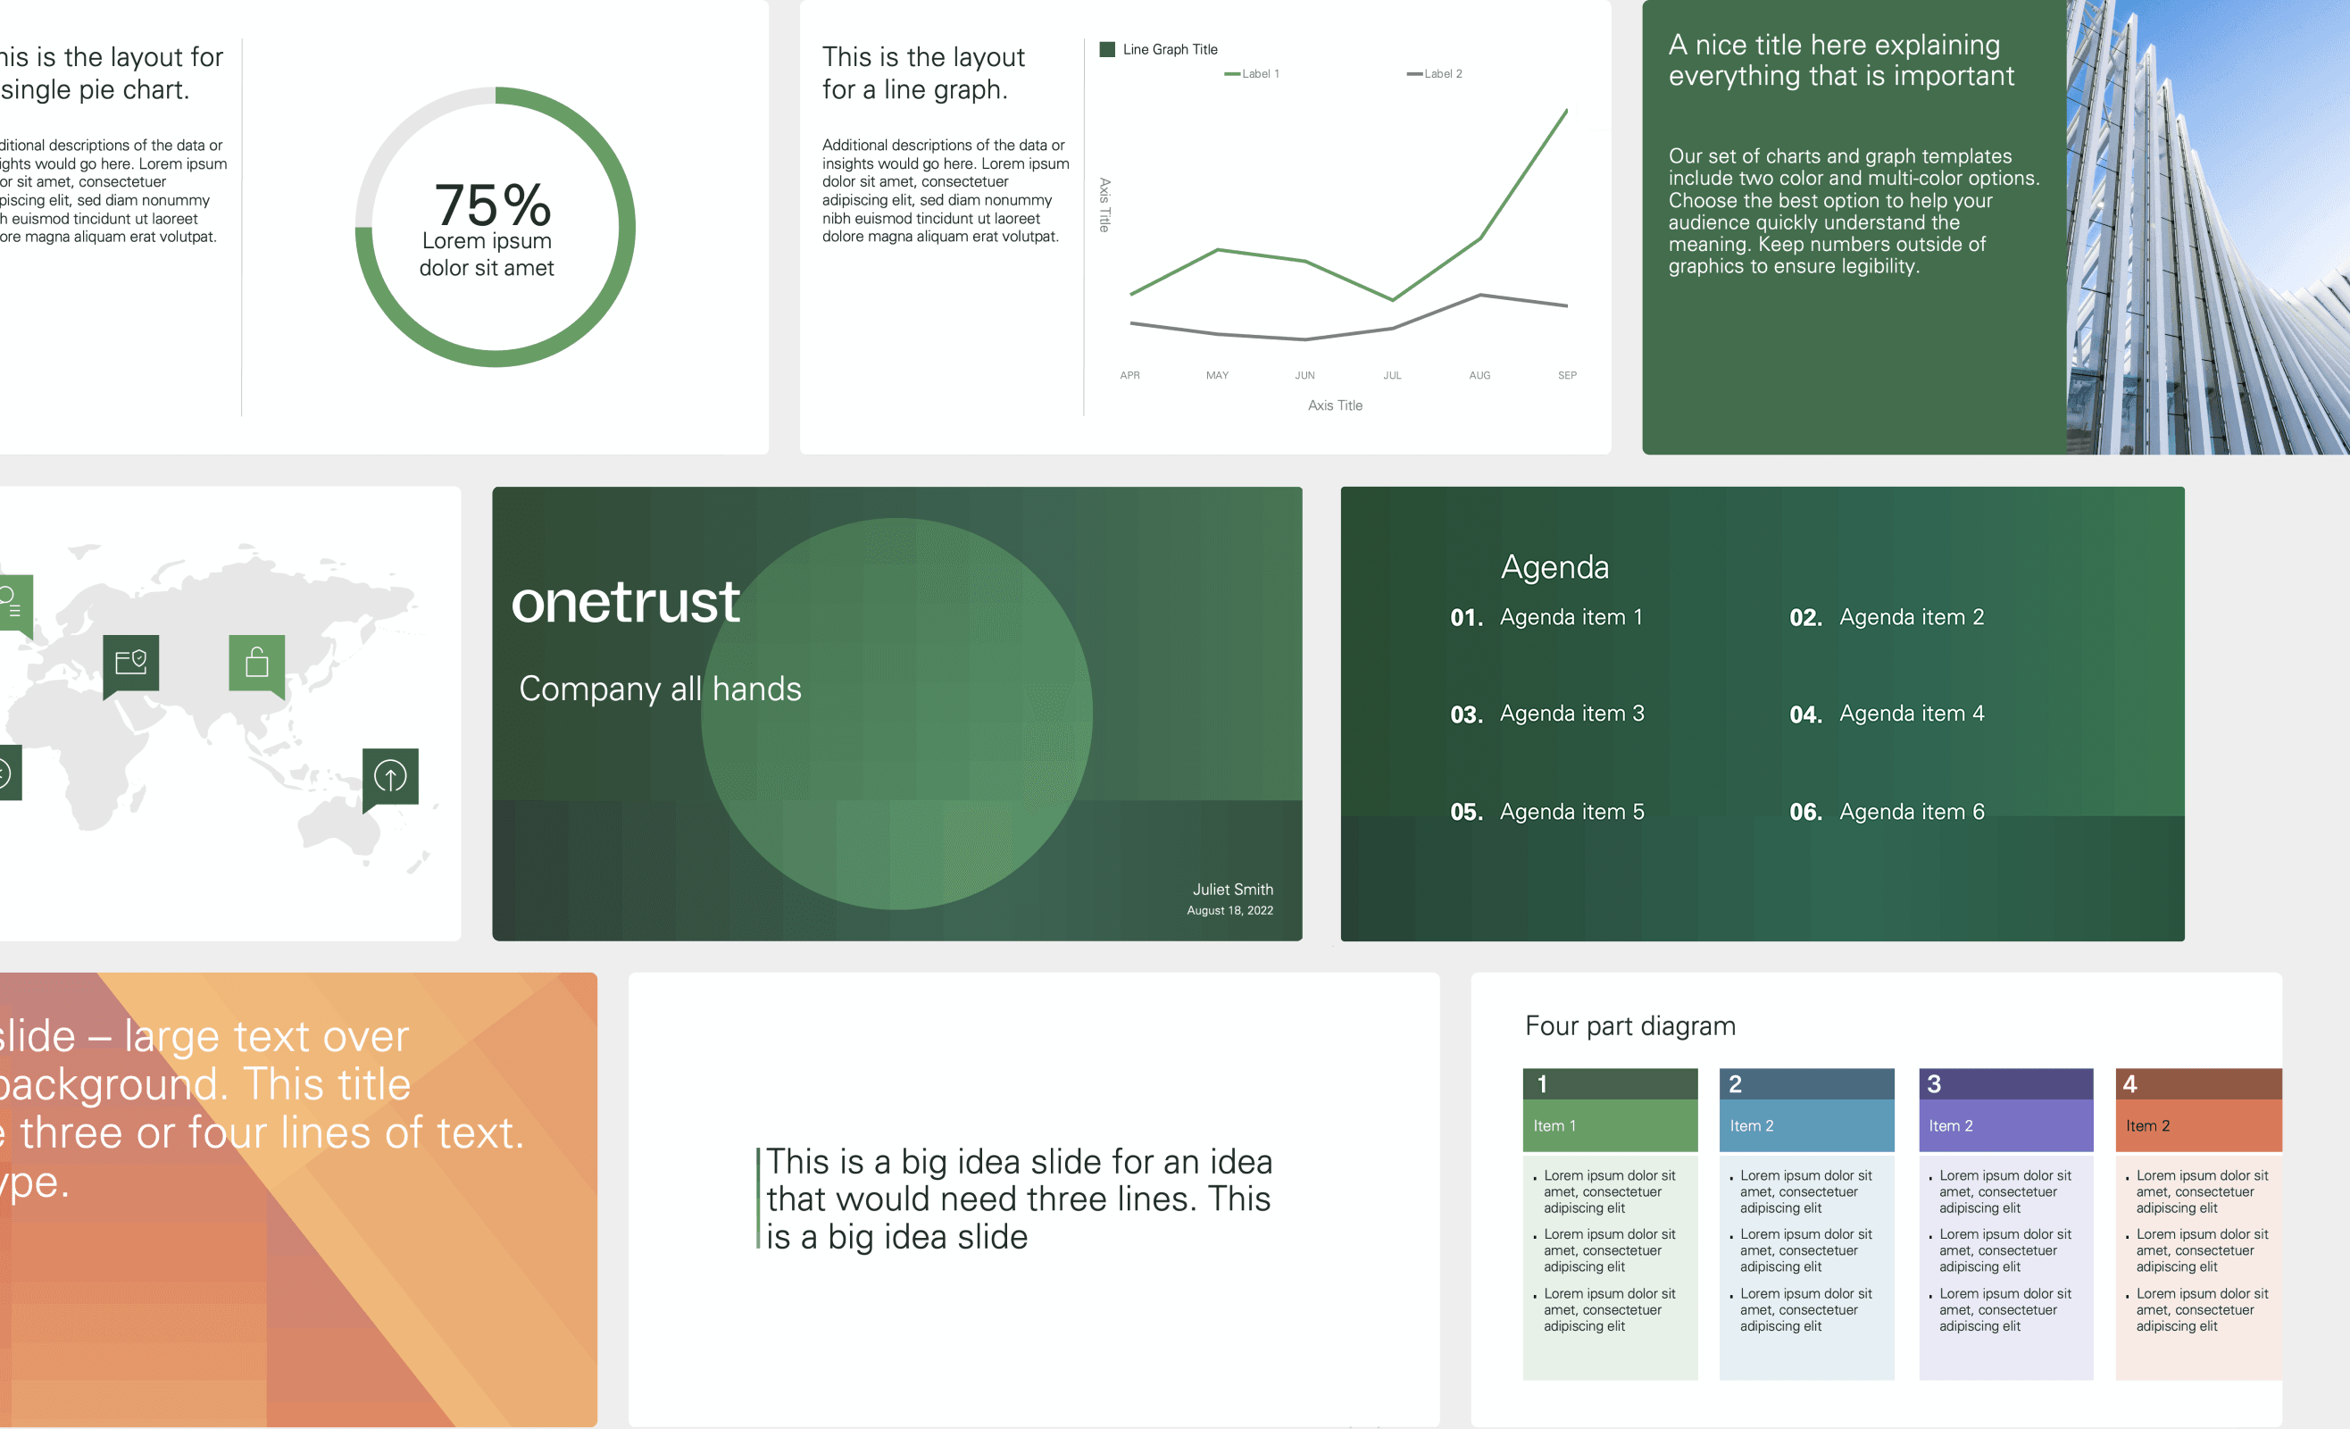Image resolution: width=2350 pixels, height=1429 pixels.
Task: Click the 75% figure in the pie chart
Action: (x=492, y=205)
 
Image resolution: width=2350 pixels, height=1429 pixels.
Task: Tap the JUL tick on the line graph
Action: (x=1393, y=376)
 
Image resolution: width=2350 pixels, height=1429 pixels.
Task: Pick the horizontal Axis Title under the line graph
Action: (x=1334, y=405)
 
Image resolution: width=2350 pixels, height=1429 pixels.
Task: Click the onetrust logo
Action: (x=626, y=603)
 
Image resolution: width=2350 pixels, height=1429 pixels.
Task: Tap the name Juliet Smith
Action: (x=1232, y=889)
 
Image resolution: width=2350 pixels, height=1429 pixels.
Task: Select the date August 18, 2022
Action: (x=1229, y=911)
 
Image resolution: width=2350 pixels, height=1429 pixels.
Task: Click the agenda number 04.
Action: (x=1804, y=714)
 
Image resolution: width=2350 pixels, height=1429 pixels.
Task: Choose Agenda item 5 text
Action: (x=1571, y=812)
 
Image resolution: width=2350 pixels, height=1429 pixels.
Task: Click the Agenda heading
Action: (x=1554, y=568)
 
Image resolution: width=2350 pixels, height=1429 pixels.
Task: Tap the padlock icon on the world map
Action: (x=256, y=662)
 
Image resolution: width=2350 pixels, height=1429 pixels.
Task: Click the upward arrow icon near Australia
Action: (x=390, y=775)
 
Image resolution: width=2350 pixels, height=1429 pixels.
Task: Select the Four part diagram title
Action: (x=1630, y=1026)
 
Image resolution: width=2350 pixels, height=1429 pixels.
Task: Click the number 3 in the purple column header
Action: (x=1933, y=1084)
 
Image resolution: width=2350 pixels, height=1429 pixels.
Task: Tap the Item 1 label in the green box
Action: (x=1554, y=1126)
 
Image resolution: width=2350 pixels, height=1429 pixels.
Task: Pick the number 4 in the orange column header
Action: (x=2129, y=1084)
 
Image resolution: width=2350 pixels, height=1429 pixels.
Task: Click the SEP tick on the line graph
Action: (x=1567, y=376)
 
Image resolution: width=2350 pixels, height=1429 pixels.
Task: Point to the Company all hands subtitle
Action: (x=660, y=689)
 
